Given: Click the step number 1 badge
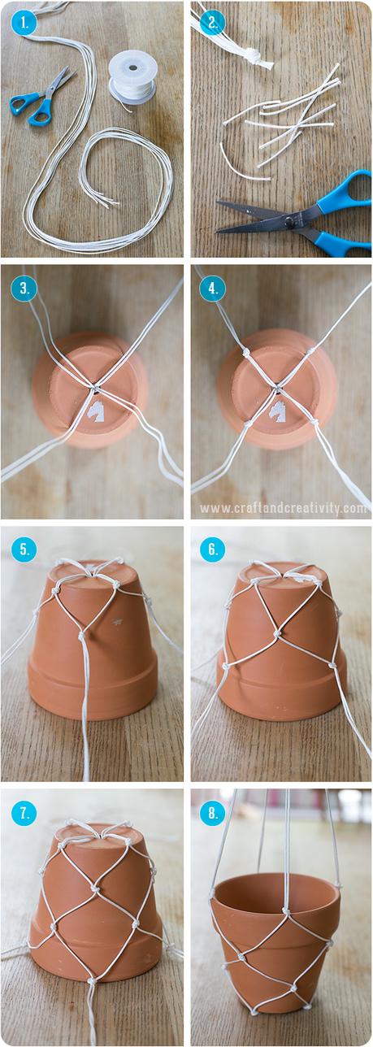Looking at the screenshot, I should coord(24,24).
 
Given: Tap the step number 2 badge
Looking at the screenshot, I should coord(213,24).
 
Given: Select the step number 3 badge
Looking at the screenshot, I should coord(24,289).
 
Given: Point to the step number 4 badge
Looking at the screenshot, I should coord(213,289).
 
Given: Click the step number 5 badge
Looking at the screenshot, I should coord(24,550).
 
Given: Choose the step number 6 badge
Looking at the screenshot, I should coord(213,550).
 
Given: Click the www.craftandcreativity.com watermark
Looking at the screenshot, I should coord(283,508).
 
